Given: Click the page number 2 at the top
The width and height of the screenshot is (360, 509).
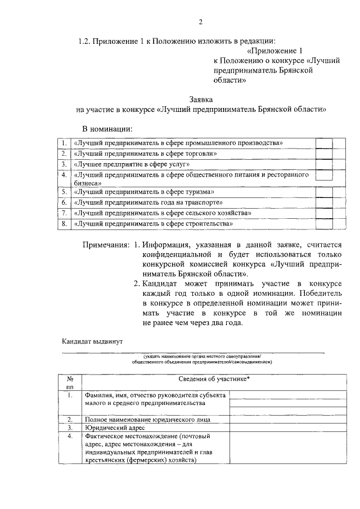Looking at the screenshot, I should [x=200, y=22].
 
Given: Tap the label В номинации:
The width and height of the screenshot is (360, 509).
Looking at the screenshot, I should [x=107, y=128].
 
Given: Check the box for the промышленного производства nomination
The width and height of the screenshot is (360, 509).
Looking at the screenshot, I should [x=323, y=142].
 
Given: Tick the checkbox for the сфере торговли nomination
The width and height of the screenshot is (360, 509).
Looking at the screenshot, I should [x=323, y=153].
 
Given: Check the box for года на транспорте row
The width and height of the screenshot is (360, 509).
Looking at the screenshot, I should [x=323, y=202].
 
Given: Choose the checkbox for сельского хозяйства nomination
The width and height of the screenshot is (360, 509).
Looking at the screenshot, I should [x=323, y=213].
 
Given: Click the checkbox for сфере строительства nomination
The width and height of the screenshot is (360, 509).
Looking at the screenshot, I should [x=323, y=224].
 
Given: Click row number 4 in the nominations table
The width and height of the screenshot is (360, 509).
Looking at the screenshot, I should [x=65, y=175].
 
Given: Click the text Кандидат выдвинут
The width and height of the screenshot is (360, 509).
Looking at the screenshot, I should [x=92, y=341].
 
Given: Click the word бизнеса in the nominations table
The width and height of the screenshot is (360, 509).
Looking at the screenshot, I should [x=88, y=183].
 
